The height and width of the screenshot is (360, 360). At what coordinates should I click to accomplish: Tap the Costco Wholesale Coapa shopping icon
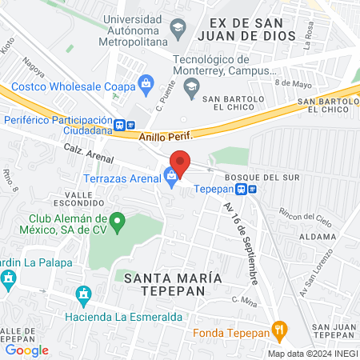[146, 82]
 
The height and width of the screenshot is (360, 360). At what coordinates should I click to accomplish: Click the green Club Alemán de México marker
[118, 219]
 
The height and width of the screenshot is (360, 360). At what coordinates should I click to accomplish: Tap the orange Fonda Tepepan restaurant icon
[279, 328]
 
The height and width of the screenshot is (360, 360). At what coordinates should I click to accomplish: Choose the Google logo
[26, 350]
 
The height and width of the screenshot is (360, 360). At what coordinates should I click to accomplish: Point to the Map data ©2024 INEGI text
[311, 354]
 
